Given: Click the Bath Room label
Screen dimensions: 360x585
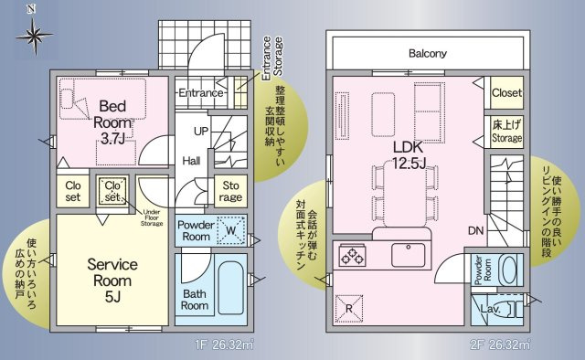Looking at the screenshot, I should click(194, 300).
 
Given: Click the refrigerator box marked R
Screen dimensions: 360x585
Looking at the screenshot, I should click(350, 307).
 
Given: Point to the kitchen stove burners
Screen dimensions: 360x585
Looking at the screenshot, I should click(352, 256).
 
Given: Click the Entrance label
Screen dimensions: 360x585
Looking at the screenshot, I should click(200, 93).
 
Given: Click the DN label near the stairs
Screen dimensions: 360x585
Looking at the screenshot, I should click(475, 231).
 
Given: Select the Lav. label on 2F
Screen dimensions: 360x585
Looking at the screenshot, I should click(490, 310).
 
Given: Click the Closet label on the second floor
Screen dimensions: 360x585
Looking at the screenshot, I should click(506, 93).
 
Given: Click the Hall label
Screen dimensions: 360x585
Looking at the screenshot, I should click(191, 160).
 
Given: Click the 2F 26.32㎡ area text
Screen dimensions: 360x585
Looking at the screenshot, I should click(501, 345).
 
